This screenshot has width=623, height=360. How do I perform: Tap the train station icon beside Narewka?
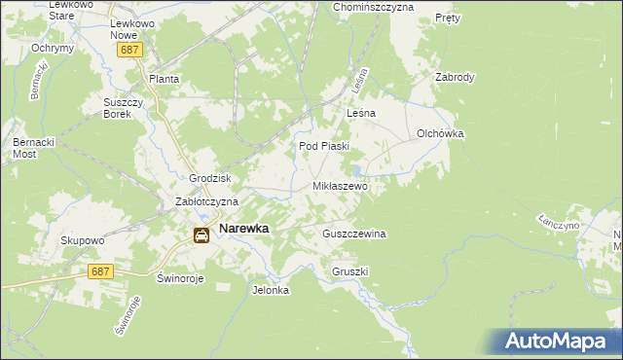[x=201, y=234]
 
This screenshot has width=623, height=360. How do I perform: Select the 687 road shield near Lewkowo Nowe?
[x=128, y=49]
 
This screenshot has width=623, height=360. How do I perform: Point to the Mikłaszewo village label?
[x=339, y=185]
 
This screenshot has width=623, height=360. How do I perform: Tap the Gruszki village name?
[x=350, y=271]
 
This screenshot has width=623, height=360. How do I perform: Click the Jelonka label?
[x=271, y=290]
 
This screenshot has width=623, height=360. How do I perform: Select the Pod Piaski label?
[x=323, y=147]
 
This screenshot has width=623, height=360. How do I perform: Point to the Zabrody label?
[x=455, y=77]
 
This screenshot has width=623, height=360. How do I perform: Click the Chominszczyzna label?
[x=374, y=7]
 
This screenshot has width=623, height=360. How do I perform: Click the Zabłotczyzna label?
[x=206, y=201]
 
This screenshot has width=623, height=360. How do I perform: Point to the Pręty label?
[x=448, y=18]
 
